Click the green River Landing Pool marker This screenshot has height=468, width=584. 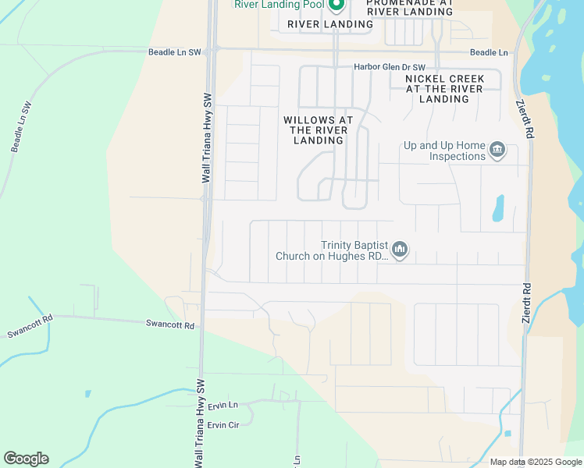coord(337,5)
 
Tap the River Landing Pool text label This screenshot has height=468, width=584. coord(280,5)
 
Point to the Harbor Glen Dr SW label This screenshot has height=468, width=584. coord(390,67)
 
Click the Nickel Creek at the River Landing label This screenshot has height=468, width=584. coord(444,89)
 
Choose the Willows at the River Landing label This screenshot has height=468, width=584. coord(318,130)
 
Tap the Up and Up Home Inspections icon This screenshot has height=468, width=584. coord(497,150)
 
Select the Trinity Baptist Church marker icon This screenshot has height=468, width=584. coord(400,250)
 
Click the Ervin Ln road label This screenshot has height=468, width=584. coord(223,406)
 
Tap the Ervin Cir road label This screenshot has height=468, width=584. coord(223,425)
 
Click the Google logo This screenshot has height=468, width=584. coord(26,458)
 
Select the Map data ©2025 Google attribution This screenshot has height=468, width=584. coord(535,462)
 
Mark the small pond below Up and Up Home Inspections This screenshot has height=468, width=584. coord(499,209)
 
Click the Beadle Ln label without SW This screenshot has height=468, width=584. coord(489,52)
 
